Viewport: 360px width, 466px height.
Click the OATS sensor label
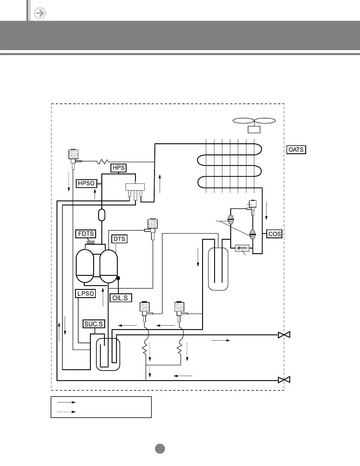pos(296,150)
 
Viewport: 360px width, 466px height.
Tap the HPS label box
pos(119,168)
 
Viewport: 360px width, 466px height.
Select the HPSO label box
pos(86,183)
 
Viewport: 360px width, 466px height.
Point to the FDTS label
pos(86,234)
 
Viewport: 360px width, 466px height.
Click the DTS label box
pos(119,239)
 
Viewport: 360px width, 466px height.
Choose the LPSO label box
pos(86,293)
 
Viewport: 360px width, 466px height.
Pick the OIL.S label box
pos(120,298)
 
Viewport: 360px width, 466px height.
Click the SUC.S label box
pos(94,324)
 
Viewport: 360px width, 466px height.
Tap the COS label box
pos(274,234)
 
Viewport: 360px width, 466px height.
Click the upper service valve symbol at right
pos(284,335)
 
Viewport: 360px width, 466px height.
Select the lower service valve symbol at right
pos(284,380)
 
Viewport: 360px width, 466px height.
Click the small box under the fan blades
pos(254,129)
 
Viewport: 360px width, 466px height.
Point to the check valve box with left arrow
pos(242,248)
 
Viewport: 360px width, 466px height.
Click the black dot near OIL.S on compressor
pos(118,278)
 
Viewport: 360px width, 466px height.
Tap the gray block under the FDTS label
pos(91,242)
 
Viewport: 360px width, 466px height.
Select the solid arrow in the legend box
pos(66,402)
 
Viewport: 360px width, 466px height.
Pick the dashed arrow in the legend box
pos(66,412)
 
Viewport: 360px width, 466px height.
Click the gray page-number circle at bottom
pos(160,449)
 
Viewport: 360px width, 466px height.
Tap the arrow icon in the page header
pos(40,13)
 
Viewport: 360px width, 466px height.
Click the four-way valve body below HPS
pos(135,187)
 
